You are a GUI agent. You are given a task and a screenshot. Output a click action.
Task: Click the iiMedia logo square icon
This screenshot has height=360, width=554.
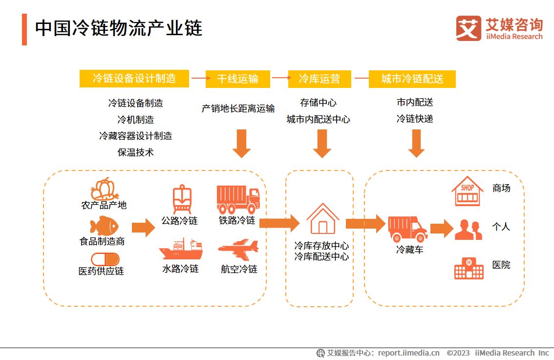coord(469,28)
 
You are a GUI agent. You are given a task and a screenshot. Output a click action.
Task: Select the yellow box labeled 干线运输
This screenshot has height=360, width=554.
coord(237,79)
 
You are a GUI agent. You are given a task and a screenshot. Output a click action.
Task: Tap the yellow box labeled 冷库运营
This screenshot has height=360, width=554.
coord(319,79)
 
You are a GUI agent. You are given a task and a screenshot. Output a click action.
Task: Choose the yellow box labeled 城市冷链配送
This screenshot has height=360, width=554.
coord(412,79)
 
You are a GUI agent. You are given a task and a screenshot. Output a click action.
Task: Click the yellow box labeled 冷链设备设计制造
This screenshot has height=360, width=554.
coord(134,78)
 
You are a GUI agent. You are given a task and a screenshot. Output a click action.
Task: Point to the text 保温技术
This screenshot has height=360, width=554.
coord(136,152)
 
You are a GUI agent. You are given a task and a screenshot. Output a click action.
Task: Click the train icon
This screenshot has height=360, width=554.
coord(182,199)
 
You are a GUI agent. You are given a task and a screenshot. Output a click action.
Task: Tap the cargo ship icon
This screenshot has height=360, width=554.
coord(180,250)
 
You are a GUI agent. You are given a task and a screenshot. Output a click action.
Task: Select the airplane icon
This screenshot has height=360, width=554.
coord(238,250)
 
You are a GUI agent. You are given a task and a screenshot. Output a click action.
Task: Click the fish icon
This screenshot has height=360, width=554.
coord(104,226)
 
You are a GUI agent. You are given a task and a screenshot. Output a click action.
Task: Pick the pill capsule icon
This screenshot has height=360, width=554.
coord(105,259)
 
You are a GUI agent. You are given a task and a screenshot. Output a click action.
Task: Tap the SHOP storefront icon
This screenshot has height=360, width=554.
coord(467,191)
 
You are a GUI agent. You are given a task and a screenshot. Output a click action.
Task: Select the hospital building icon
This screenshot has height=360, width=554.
coord(469,268)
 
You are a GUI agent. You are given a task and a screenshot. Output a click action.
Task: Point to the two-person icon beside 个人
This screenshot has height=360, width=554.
coord(469,230)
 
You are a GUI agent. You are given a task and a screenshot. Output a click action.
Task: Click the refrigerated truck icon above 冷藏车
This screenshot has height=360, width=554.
coord(407,228)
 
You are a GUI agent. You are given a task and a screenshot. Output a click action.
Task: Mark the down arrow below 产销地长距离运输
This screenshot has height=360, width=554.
coord(241,144)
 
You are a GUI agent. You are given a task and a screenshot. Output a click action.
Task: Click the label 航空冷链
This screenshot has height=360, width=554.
coord(239,269)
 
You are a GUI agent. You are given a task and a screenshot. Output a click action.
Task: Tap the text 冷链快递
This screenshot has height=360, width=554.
coord(415,119)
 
